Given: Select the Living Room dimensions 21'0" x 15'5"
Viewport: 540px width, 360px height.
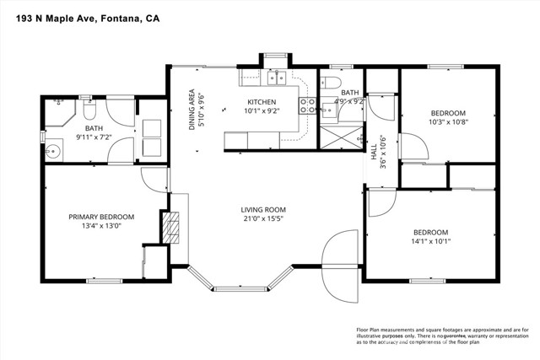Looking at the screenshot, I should point(263,221).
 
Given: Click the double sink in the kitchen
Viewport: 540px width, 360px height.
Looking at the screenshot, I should point(274,79).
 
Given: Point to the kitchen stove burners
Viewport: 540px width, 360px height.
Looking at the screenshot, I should point(310,105).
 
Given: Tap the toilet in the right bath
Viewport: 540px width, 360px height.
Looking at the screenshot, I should point(332,82).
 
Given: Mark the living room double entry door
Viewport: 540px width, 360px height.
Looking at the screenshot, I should point(341,261).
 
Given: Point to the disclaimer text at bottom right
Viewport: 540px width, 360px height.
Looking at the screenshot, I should point(438,335).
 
